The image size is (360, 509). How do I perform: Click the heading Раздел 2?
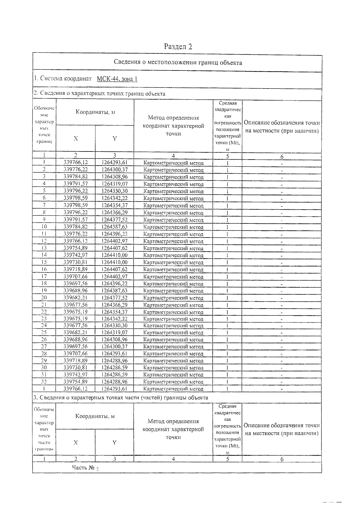(178, 46)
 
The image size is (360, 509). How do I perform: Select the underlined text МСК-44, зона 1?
(117, 79)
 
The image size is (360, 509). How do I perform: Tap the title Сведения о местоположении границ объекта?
(178, 63)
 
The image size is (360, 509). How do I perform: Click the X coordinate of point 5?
(76, 191)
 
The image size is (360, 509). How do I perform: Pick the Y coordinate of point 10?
(115, 227)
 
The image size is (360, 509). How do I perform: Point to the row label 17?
(44, 277)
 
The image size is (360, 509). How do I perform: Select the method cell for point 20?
(173, 298)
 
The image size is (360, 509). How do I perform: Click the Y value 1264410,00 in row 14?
(115, 255)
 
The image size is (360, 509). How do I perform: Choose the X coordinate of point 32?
(76, 382)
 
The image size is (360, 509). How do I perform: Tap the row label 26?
(44, 340)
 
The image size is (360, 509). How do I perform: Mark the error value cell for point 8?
(227, 213)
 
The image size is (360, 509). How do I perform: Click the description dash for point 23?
(282, 319)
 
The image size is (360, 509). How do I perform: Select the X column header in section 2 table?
(76, 138)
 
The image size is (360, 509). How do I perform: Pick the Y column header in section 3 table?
(114, 442)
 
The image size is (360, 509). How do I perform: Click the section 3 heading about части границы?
(120, 398)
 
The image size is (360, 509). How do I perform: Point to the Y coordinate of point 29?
(115, 361)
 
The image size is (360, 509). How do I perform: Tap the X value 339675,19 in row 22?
(76, 312)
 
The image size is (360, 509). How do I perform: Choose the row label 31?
(44, 375)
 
